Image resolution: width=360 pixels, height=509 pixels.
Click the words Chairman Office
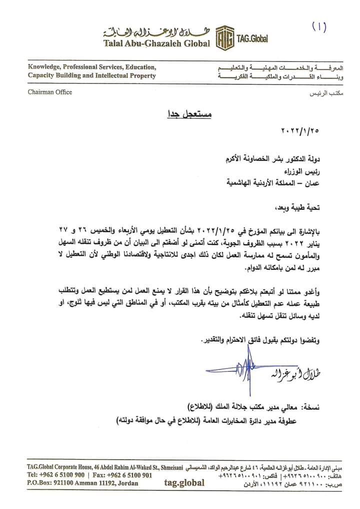pos(50,92)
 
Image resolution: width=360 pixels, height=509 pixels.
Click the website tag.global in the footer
pos(184,483)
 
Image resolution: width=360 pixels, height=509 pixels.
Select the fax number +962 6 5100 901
pos(122,475)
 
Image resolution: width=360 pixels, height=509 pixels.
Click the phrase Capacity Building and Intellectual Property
pos(91,75)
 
